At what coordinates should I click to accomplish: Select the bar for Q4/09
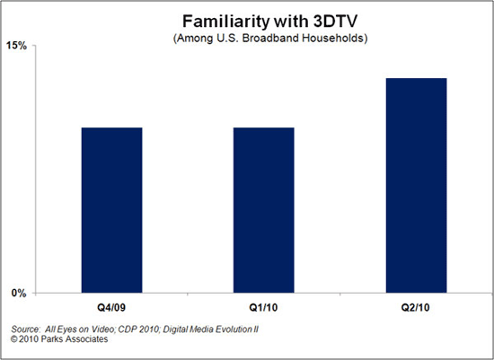point(111,210)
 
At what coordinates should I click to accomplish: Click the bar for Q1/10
point(263,210)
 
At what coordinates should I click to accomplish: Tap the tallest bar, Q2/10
point(416,185)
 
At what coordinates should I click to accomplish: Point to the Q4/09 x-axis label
point(111,304)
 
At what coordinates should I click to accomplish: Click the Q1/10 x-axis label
point(263,304)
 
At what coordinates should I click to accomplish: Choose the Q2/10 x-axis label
point(416,304)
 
